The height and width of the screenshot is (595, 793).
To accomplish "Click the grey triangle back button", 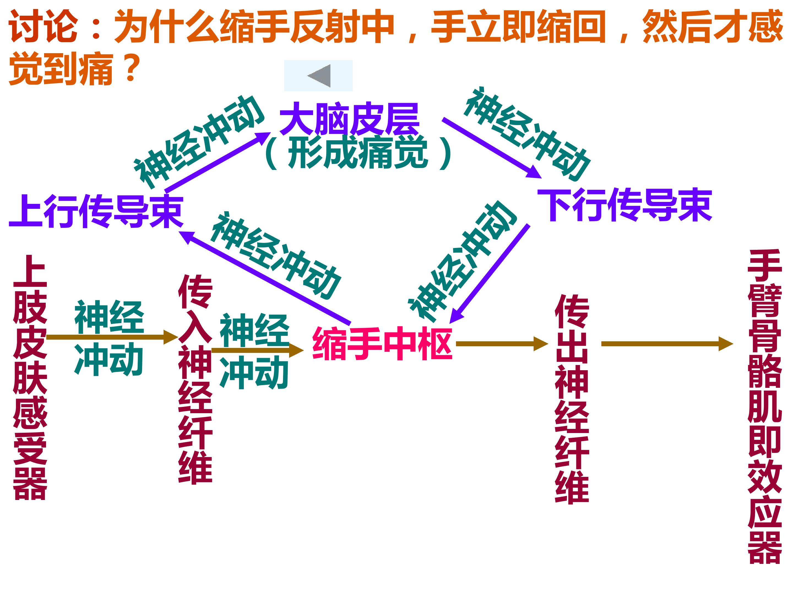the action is click(x=319, y=76).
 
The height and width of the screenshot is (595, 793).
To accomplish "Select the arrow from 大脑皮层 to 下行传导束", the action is click(x=491, y=148).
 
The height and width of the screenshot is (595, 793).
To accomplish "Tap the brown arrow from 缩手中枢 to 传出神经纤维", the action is click(x=502, y=344).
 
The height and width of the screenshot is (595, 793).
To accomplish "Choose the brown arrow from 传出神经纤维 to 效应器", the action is click(x=667, y=344).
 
